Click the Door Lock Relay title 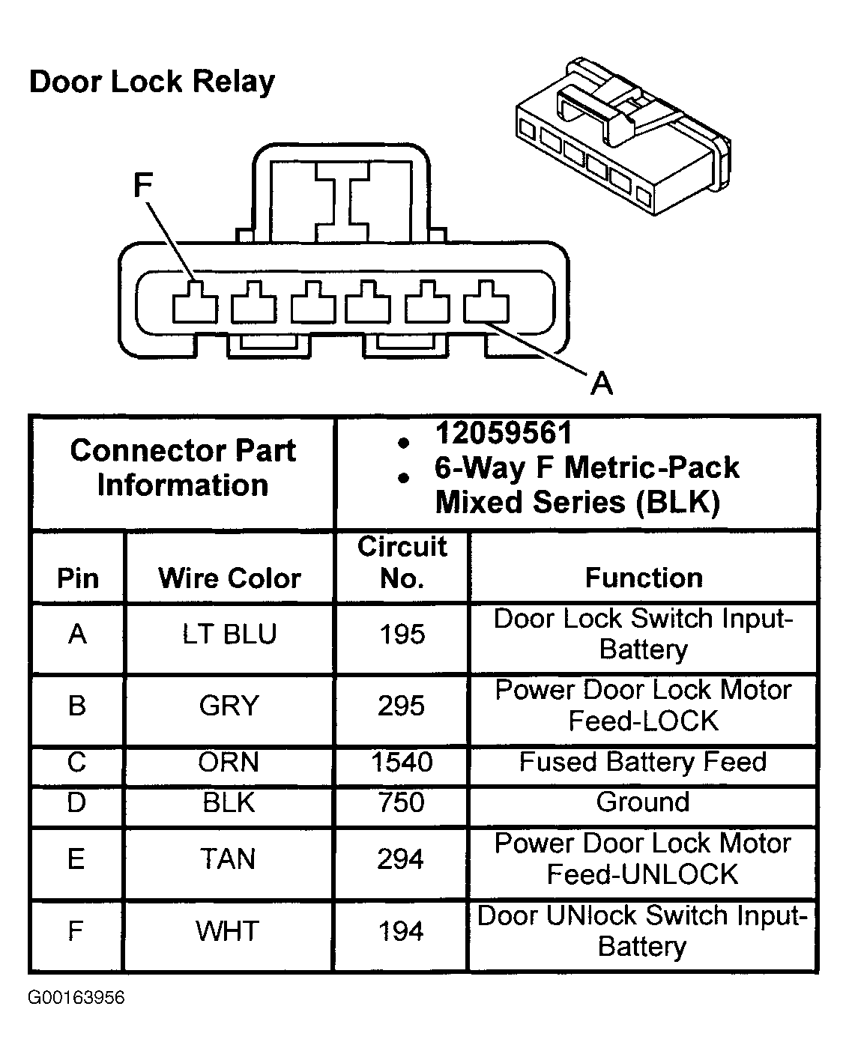pos(152,82)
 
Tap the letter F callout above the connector pos(143,185)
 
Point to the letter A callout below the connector pos(602,383)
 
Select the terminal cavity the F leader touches pos(195,302)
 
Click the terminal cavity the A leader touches pos(486,301)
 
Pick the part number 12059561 pos(503,433)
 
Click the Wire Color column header pos(229,578)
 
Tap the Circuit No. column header pos(402,562)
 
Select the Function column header pos(644,578)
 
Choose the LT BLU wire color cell pos(229,634)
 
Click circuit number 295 pos(401,706)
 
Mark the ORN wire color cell pos(228,762)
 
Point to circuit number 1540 pos(402,762)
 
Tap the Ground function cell pos(642,802)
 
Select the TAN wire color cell pos(228,859)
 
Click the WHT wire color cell pos(227,931)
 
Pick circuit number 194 pos(401,931)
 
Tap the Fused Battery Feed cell pos(642,762)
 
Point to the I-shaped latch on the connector pos(342,202)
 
